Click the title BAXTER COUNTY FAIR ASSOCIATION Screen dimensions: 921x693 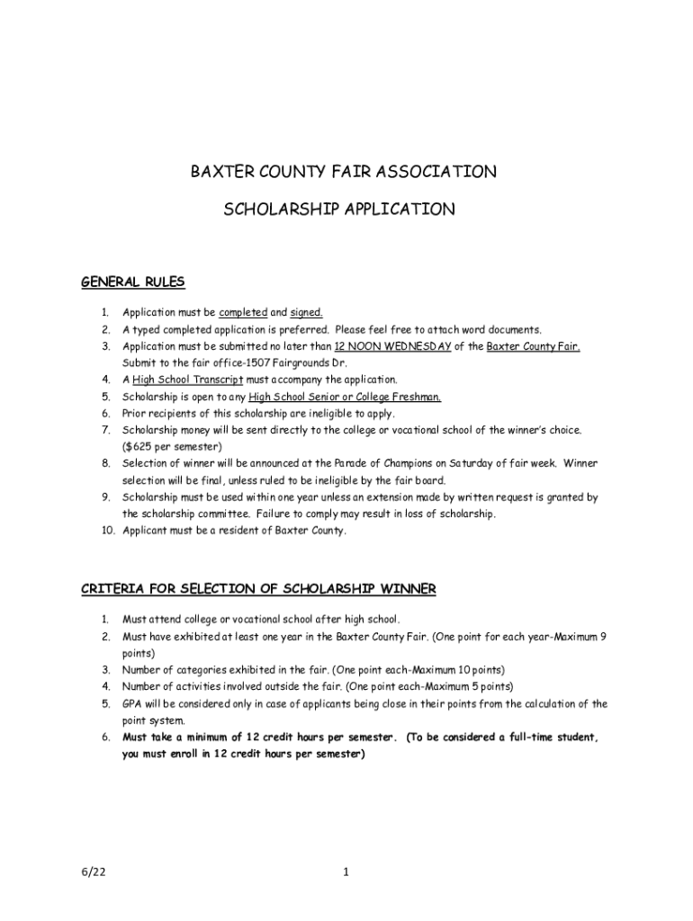pos(341,172)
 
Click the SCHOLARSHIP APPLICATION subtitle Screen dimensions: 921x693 pos(339,210)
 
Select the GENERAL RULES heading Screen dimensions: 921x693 pos(132,282)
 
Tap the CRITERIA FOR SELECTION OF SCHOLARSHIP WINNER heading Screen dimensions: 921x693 pos(258,589)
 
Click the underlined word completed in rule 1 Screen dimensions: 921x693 pos(243,313)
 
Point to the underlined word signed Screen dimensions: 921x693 pos(306,313)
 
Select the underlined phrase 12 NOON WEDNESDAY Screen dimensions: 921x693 pos(392,346)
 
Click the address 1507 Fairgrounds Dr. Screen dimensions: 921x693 pos(272,362)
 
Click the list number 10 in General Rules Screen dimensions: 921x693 pos(104,531)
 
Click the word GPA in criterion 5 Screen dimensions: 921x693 pos(132,704)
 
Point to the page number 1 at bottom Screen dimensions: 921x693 pos(345,872)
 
